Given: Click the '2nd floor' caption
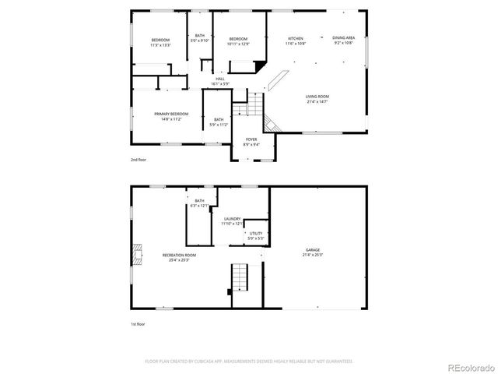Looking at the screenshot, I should pyautogui.click(x=138, y=160).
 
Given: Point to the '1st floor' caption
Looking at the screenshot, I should pyautogui.click(x=138, y=324).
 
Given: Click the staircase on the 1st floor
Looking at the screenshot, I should pyautogui.click(x=240, y=276).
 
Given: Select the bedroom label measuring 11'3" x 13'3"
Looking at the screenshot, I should pyautogui.click(x=160, y=41).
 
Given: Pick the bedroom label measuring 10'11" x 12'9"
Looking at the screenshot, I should pyautogui.click(x=237, y=41).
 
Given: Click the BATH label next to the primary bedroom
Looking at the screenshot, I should pyautogui.click(x=219, y=122).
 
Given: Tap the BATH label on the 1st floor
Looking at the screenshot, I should pyautogui.click(x=200, y=203).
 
